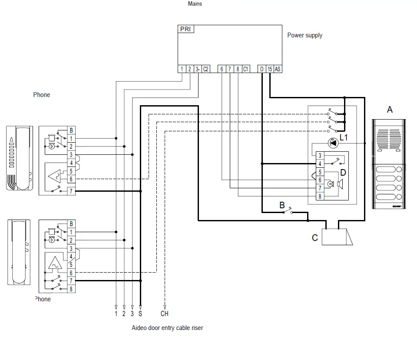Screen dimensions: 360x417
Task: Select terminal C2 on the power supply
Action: [x=206, y=69]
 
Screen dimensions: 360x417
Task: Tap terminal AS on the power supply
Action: [x=278, y=69]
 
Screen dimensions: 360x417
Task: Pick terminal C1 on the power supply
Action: [x=245, y=69]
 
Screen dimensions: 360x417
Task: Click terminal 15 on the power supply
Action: [x=270, y=69]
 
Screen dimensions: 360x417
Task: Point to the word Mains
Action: [x=195, y=4]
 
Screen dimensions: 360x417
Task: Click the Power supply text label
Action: [x=304, y=35]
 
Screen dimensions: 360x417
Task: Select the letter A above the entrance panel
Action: [x=390, y=110]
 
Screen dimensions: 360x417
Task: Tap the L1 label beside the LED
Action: [x=344, y=138]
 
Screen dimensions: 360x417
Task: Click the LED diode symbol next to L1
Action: [x=333, y=143]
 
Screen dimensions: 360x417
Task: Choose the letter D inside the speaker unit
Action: [x=343, y=173]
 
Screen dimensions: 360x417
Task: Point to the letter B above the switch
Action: [x=282, y=205]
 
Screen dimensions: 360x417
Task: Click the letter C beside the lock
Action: [x=315, y=238]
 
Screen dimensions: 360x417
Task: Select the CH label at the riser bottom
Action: [x=164, y=313]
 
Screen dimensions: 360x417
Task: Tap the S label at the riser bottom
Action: [x=140, y=313]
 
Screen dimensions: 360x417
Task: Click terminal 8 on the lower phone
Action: [x=71, y=289]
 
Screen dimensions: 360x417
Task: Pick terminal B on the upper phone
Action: [x=71, y=130]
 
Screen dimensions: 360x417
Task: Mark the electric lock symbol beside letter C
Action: [x=338, y=237]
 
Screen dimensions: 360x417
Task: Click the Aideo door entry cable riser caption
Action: [x=167, y=328]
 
